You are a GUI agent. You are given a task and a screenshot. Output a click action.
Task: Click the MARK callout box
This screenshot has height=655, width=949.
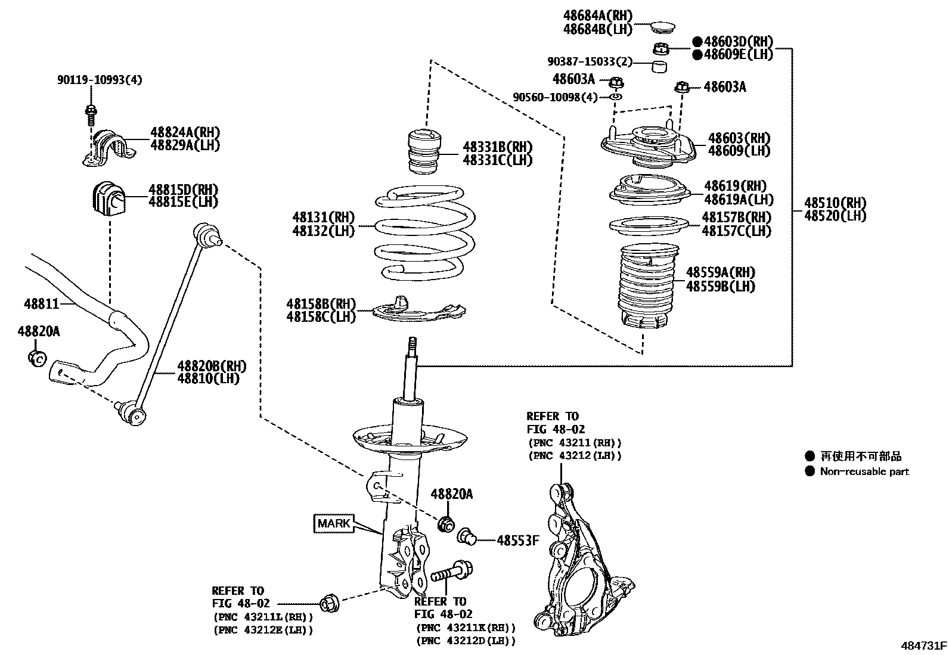coord(334,523)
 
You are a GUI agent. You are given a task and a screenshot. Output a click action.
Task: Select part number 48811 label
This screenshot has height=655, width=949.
coord(42,304)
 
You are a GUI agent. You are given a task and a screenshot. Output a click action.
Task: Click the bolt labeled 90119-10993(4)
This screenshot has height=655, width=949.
coord(91,112)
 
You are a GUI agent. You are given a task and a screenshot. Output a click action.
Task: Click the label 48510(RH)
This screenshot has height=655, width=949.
coord(835,203)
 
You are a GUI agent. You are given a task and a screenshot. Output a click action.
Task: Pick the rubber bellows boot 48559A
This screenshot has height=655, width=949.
coord(646,286)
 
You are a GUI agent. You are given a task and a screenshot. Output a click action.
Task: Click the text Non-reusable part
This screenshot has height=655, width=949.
coord(864,471)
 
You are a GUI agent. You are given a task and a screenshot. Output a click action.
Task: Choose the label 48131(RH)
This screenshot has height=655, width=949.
coord(323,217)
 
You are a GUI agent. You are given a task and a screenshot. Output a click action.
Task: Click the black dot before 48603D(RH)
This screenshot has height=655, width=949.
coord(697,42)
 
